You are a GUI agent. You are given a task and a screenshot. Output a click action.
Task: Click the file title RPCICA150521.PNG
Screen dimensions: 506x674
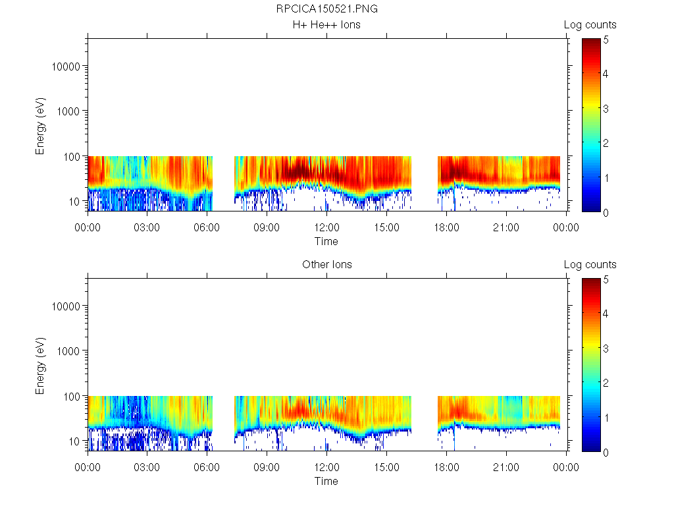tap(326, 9)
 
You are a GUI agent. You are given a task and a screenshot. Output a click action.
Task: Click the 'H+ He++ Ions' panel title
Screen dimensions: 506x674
tap(326, 25)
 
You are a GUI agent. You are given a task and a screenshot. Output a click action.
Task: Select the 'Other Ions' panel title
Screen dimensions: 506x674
tap(326, 265)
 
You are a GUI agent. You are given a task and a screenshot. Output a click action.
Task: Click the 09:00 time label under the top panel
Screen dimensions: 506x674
tap(267, 228)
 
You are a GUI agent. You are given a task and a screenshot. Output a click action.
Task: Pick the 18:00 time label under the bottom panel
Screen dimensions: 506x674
tap(446, 468)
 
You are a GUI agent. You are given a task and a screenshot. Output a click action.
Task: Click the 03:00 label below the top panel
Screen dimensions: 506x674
tap(147, 228)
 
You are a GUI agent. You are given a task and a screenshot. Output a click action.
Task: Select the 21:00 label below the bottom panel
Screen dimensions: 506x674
tap(506, 468)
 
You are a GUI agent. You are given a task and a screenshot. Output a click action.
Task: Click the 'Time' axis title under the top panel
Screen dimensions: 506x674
tap(326, 241)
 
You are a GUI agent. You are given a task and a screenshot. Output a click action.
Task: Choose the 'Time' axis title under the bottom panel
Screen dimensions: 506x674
tap(326, 481)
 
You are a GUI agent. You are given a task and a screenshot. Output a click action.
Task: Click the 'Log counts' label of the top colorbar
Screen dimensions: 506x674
tap(590, 25)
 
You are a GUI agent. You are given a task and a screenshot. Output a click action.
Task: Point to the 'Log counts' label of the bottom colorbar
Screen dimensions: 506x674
tap(590, 265)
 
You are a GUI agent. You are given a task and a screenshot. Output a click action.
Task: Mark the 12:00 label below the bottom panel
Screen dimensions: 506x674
tap(326, 468)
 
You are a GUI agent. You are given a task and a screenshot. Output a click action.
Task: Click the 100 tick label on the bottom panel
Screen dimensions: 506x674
tap(72, 396)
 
